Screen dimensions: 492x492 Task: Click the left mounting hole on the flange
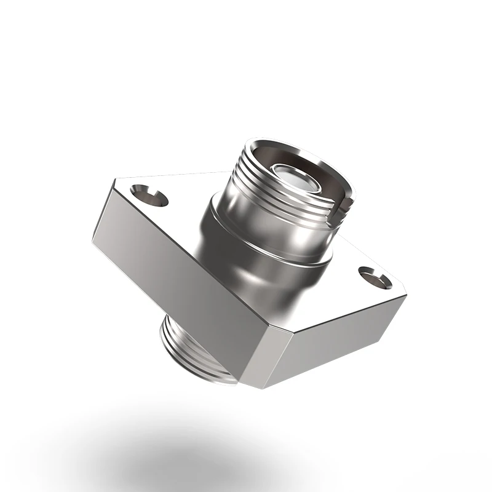pyautogui.click(x=149, y=196)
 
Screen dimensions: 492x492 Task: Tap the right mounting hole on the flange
pyautogui.click(x=375, y=278)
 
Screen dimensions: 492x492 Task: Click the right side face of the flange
pyautogui.click(x=332, y=344)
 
